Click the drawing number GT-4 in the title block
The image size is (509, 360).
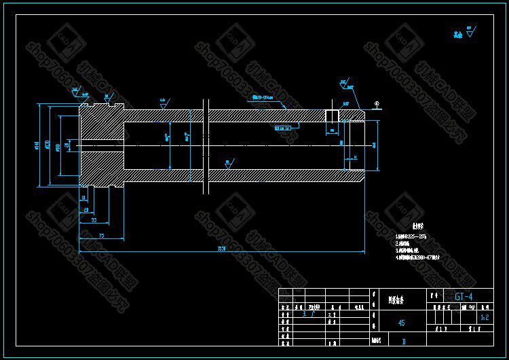(x=464, y=296)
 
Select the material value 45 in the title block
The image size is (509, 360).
(x=401, y=323)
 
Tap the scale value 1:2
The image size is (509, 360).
(x=484, y=317)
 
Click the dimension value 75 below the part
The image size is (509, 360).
(x=101, y=235)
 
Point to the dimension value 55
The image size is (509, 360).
(x=93, y=221)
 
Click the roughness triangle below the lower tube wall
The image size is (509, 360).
(x=227, y=162)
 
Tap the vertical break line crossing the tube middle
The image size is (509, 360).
(x=204, y=145)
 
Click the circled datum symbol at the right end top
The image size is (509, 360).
(x=377, y=103)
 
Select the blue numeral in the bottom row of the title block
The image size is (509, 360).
(x=403, y=341)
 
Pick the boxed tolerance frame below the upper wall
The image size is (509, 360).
(x=282, y=127)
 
